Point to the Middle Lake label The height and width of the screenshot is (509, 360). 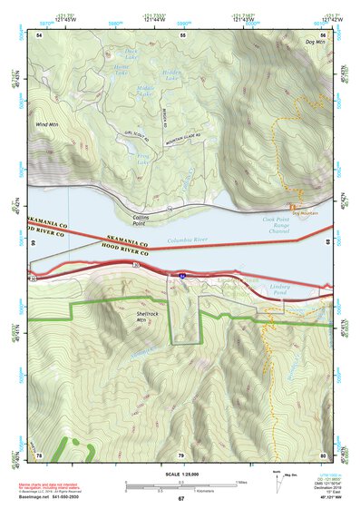(x=144, y=90)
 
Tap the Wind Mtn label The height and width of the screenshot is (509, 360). (x=47, y=124)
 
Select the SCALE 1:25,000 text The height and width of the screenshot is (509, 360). (x=180, y=473)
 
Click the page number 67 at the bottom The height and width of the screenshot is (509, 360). (x=180, y=499)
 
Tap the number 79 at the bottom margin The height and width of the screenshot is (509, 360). (x=180, y=455)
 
